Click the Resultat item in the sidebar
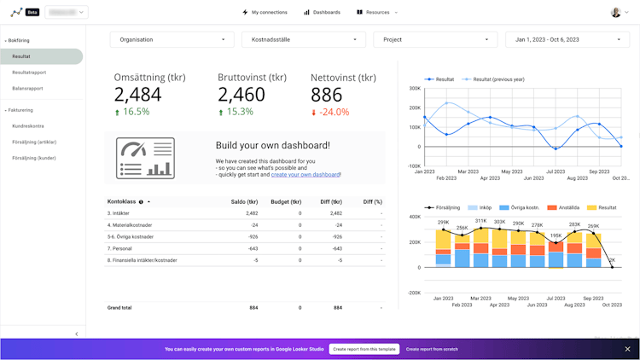pos(22,56)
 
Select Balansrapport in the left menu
pos(27,88)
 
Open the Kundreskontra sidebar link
pos(28,125)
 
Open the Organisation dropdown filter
pos(172,39)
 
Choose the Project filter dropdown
pos(435,39)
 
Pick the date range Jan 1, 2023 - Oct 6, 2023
pos(567,39)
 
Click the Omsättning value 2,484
pos(137,96)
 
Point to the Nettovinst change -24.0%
pos(335,112)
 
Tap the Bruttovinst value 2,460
pos(241,96)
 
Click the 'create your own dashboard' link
pos(305,174)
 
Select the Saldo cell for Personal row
pos(253,248)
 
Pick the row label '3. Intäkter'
pos(119,213)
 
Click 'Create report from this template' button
pos(364,349)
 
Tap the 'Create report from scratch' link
pos(432,349)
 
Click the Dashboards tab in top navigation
pos(323,13)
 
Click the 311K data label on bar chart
pos(480,221)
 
